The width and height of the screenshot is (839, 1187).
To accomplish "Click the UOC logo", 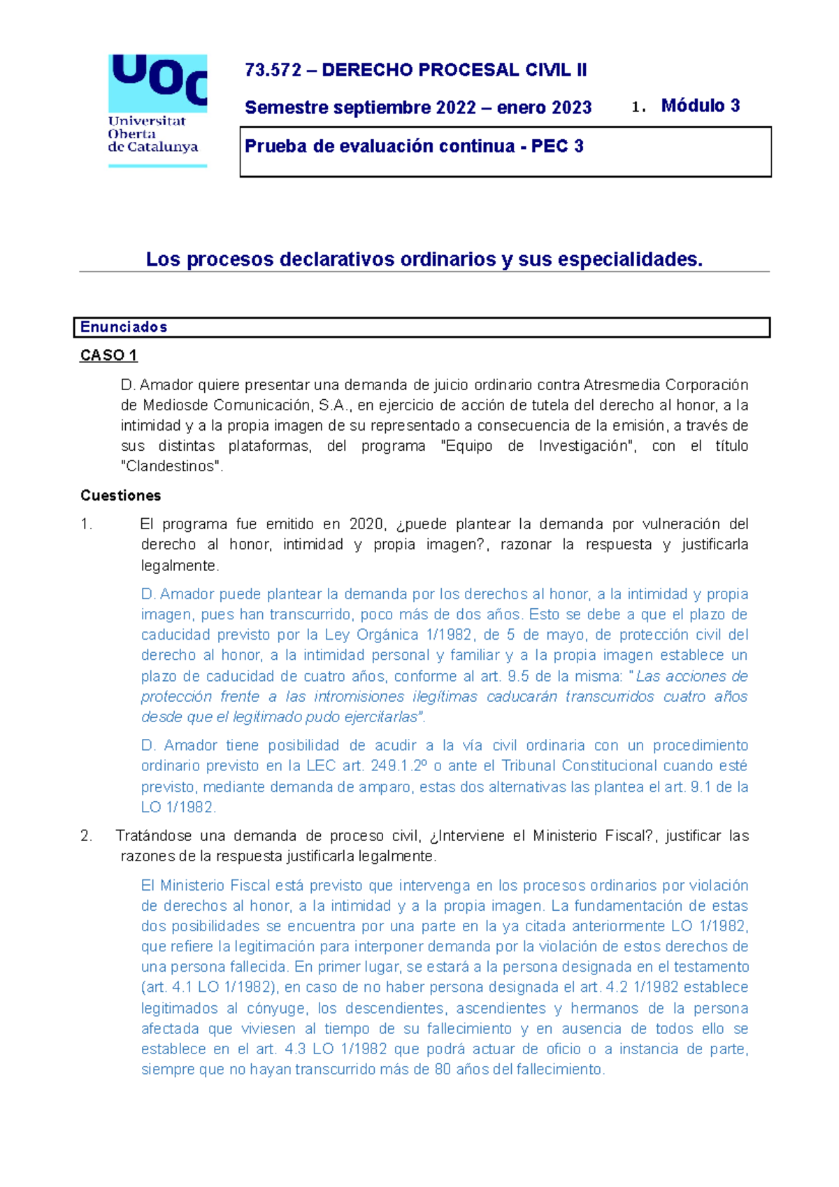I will click(x=158, y=110).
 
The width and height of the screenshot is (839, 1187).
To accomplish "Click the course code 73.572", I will click(x=273, y=71).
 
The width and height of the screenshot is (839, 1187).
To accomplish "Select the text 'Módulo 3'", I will click(x=700, y=106).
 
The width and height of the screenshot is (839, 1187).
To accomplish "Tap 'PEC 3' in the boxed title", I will click(x=557, y=147).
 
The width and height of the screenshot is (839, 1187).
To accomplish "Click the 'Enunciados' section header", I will click(x=124, y=327).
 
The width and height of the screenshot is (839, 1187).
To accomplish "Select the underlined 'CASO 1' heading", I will click(x=108, y=355).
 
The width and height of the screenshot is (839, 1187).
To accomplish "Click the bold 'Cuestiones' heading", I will click(x=120, y=496).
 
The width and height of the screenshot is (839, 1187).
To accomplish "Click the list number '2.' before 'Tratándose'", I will click(x=86, y=836).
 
